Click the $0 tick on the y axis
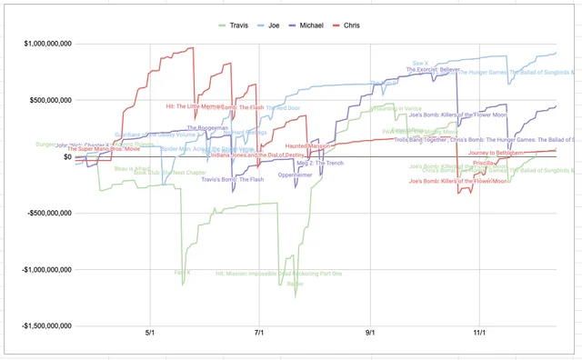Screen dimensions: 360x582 point(65,156)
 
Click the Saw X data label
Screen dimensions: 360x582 point(420,64)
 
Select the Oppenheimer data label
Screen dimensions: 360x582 point(296,175)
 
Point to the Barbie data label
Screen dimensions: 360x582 point(296,284)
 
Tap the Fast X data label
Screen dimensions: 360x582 point(183,272)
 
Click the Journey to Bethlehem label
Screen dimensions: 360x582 point(496,154)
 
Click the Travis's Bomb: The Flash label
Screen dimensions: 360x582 point(233,179)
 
